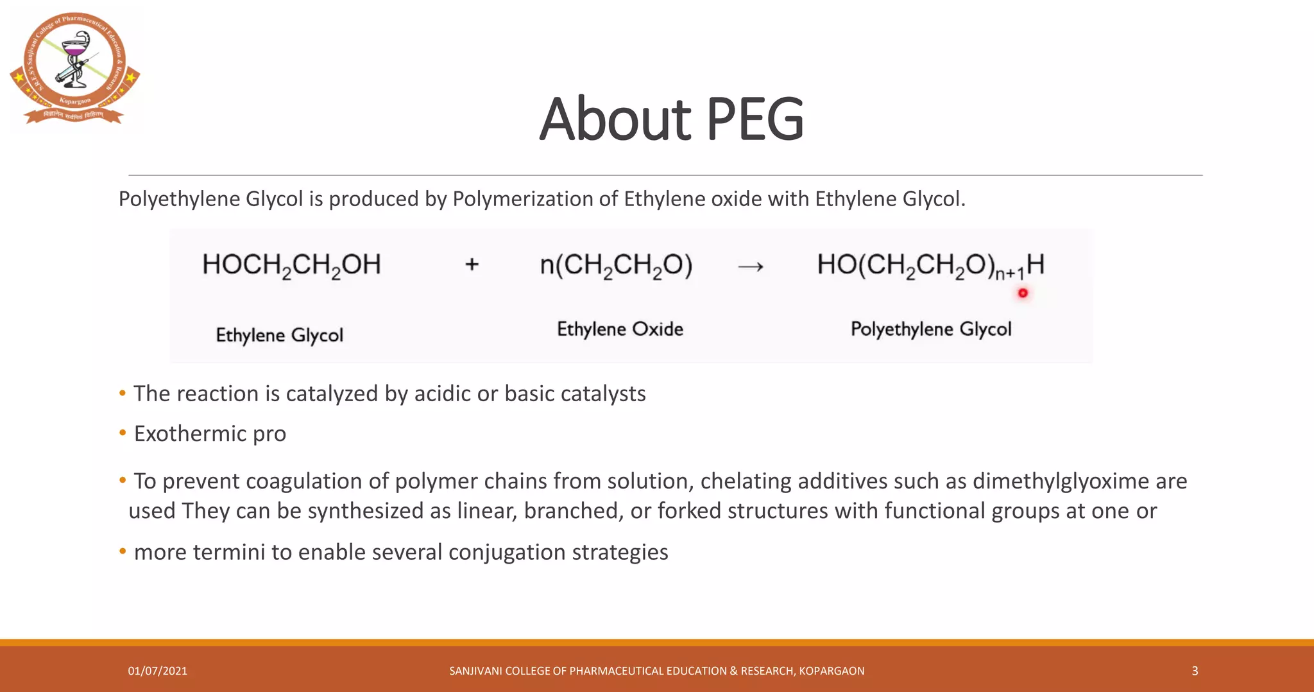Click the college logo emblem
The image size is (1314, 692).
click(x=74, y=67)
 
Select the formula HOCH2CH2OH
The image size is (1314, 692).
click(x=291, y=265)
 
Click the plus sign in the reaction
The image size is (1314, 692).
click(x=472, y=264)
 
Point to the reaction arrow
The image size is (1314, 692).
click(x=751, y=266)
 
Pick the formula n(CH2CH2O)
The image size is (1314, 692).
click(x=616, y=266)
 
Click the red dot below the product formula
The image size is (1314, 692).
click(x=1023, y=293)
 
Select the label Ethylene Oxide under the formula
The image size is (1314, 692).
click(x=620, y=329)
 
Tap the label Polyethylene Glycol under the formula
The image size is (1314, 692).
click(x=931, y=329)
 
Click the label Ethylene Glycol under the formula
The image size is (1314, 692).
click(x=280, y=335)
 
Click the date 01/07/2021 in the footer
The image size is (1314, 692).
click(x=158, y=671)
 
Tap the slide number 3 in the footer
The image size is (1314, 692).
click(x=1195, y=671)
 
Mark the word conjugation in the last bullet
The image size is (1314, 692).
click(x=507, y=552)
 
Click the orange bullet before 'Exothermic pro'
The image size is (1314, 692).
click(x=123, y=433)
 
